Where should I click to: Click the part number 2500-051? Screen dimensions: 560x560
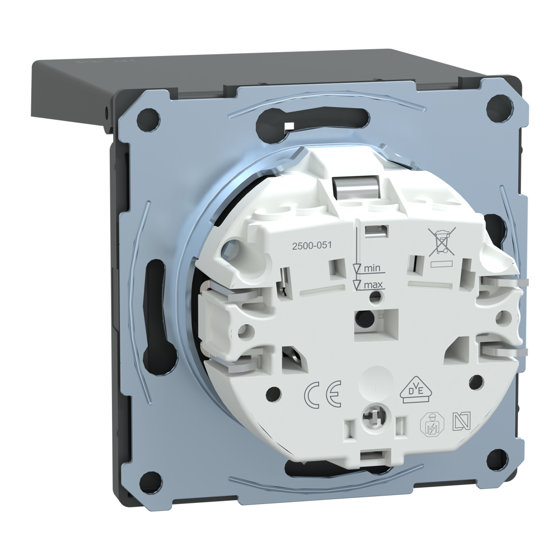(312, 245)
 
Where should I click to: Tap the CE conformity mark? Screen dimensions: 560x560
(323, 394)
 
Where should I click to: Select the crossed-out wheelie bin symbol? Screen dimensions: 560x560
(441, 242)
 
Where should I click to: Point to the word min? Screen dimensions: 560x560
(373, 268)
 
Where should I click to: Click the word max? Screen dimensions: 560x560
(374, 284)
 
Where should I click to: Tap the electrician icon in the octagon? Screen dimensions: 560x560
(432, 424)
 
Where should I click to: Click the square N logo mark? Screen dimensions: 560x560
(461, 422)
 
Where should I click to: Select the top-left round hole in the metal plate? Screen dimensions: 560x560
(148, 118)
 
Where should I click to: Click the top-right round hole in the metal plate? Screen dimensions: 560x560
(497, 106)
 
